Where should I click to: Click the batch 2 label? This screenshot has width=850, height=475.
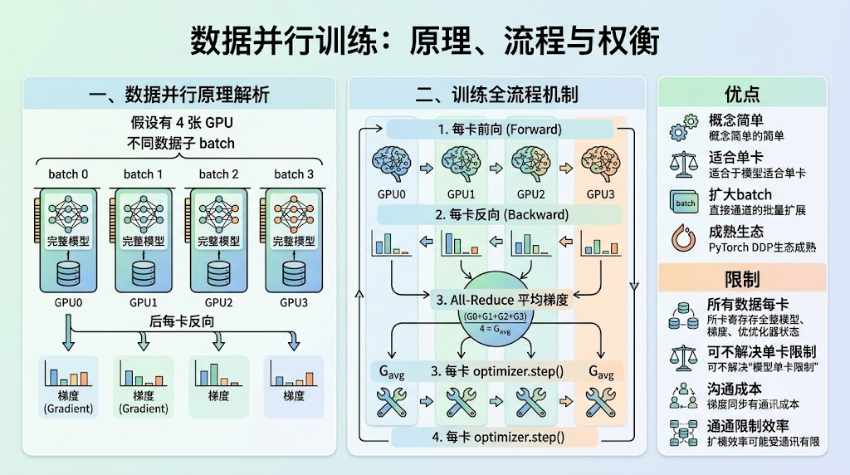pos(218,174)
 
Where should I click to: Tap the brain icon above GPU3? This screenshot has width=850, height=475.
pos(600,164)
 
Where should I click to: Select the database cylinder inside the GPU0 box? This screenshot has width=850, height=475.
pos(68,274)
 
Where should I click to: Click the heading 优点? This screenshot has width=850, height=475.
pos(742,94)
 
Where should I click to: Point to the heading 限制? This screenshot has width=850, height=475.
pos(742,279)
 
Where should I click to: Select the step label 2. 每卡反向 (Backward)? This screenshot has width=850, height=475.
pos(502,215)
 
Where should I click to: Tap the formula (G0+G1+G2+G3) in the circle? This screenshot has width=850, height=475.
pos(495,316)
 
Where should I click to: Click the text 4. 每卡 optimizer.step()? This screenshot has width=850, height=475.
pos(498,437)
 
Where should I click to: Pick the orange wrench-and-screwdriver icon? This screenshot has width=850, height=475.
pos(601,402)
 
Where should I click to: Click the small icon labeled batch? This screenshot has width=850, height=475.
pos(685,203)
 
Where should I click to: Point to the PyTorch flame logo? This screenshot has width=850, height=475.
pos(684,238)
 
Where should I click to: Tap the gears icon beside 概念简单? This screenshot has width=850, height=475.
pos(683,127)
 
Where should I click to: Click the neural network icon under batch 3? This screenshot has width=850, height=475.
pos(294,213)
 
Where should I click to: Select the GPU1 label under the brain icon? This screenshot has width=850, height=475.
pos(461,194)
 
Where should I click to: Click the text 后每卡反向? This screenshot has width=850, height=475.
pos(182,321)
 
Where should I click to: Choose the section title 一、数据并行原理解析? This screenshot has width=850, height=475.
pos(179,95)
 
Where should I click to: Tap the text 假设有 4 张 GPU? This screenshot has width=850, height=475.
pos(182,123)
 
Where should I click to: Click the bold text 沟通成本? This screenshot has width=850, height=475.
pos(735,389)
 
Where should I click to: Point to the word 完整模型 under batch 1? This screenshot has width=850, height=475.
pos(144,241)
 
